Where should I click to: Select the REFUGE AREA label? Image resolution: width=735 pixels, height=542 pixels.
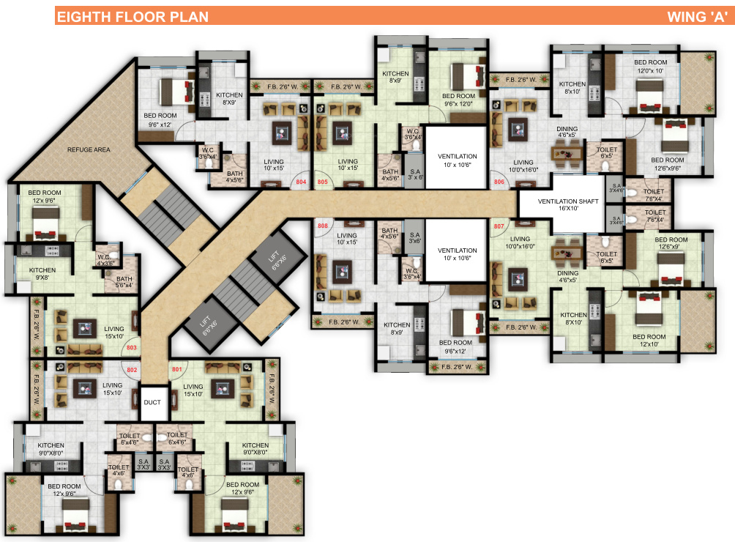89,149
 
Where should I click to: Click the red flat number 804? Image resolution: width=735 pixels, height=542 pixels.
300,181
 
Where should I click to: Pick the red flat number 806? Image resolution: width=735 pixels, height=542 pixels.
500,181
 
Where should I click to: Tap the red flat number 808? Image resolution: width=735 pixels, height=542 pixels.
323,226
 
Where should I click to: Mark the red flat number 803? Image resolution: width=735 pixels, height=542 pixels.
132,348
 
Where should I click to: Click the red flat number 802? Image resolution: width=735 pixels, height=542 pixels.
132,371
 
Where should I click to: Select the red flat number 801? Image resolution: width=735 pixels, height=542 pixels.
176,371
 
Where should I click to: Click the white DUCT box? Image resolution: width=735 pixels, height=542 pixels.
154,403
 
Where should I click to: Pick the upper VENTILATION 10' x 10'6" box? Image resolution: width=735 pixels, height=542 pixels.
458,160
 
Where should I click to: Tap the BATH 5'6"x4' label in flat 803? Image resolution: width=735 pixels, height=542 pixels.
124,283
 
